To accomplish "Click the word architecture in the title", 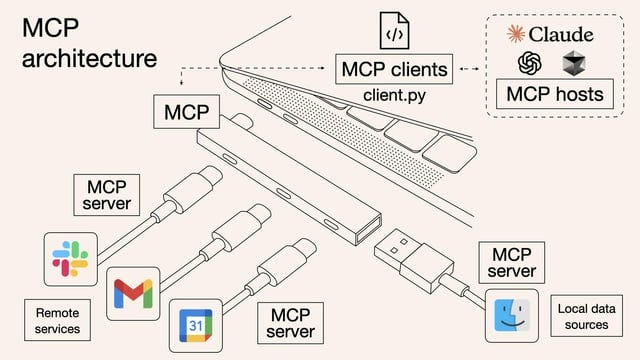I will coord(89,58).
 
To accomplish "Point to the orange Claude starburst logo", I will coord(517,34).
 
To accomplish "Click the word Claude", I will coord(562,34).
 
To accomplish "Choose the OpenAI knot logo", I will coord(529,64).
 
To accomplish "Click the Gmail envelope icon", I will coord(133,293).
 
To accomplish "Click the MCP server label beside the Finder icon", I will coord(512,262).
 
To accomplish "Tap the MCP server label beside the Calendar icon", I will coord(290,322).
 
